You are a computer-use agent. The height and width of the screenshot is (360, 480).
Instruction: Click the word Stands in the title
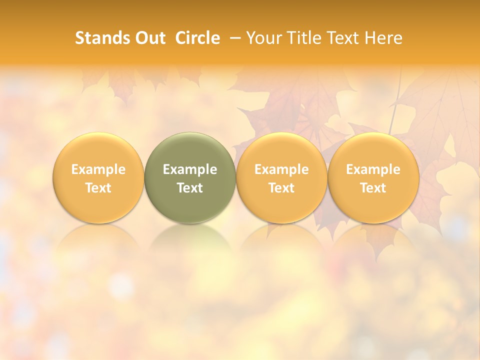click(x=102, y=38)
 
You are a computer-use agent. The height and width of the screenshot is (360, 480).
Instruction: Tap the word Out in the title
click(x=149, y=38)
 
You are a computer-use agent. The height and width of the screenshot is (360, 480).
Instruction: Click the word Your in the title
click(x=264, y=38)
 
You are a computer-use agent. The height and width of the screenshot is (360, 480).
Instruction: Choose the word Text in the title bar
click(x=343, y=38)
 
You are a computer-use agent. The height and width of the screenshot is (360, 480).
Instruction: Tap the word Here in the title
click(x=383, y=38)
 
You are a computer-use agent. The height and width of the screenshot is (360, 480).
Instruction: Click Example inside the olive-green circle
click(x=190, y=169)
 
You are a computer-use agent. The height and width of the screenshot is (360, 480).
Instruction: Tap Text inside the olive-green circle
click(x=190, y=188)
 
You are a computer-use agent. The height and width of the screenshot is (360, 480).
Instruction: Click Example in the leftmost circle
click(x=98, y=169)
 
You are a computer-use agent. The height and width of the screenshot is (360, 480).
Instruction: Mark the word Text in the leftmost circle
click(x=98, y=188)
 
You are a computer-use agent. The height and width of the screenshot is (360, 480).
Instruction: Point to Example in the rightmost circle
click(x=373, y=169)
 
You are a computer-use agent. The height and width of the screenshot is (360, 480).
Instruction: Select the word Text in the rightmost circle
click(x=373, y=188)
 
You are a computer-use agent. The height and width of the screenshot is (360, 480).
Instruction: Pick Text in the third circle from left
click(x=281, y=188)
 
